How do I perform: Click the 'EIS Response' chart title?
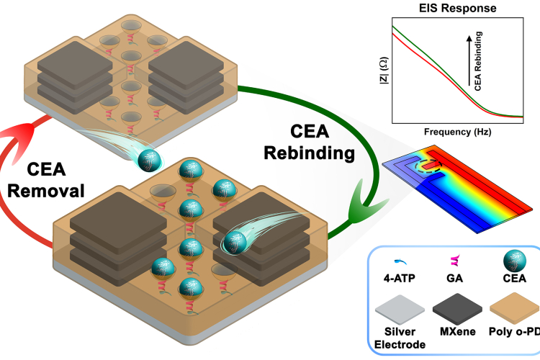click(x=451, y=9)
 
